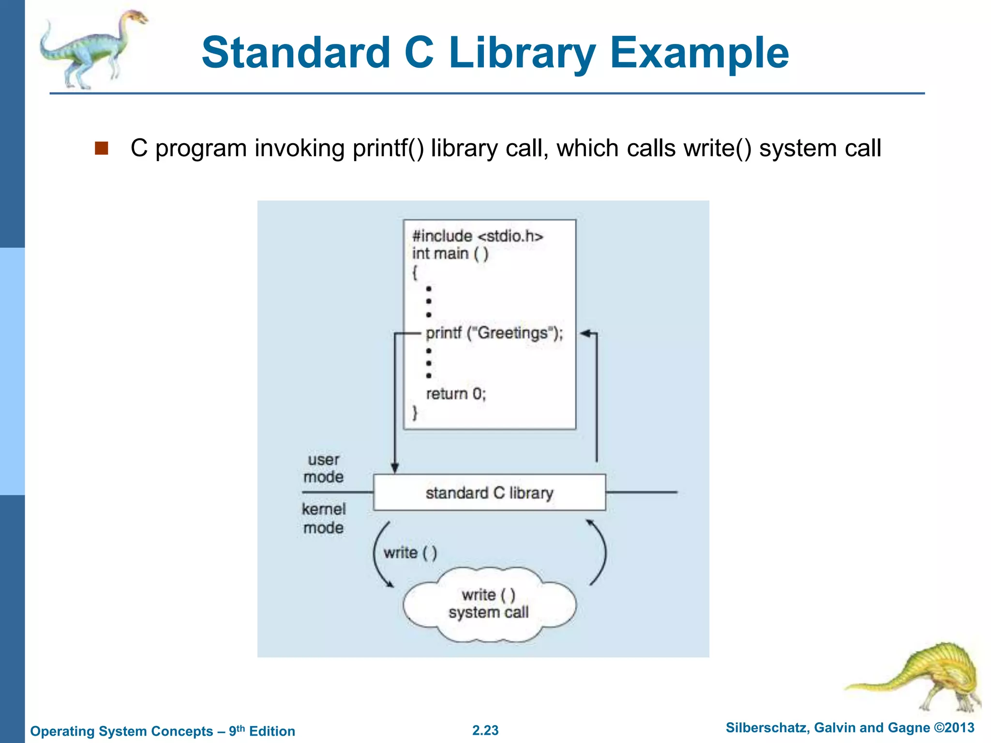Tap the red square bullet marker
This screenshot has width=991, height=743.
click(x=101, y=148)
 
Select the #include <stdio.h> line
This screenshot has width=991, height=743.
click(x=478, y=236)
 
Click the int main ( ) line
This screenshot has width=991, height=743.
click(x=450, y=253)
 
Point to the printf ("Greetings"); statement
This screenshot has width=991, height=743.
click(x=494, y=333)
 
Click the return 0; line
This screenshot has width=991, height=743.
click(x=456, y=394)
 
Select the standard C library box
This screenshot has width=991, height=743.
click(x=489, y=492)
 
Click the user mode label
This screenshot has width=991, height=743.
click(x=323, y=468)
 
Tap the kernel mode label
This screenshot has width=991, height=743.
click(x=323, y=518)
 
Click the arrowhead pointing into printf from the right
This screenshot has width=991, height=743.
click(x=585, y=333)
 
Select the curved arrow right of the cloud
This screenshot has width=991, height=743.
click(x=600, y=551)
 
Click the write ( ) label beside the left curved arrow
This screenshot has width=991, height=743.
click(x=410, y=552)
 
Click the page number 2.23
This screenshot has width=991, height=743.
click(x=485, y=730)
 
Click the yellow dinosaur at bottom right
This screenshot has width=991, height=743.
click(x=929, y=677)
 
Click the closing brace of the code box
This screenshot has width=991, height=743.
click(x=415, y=413)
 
